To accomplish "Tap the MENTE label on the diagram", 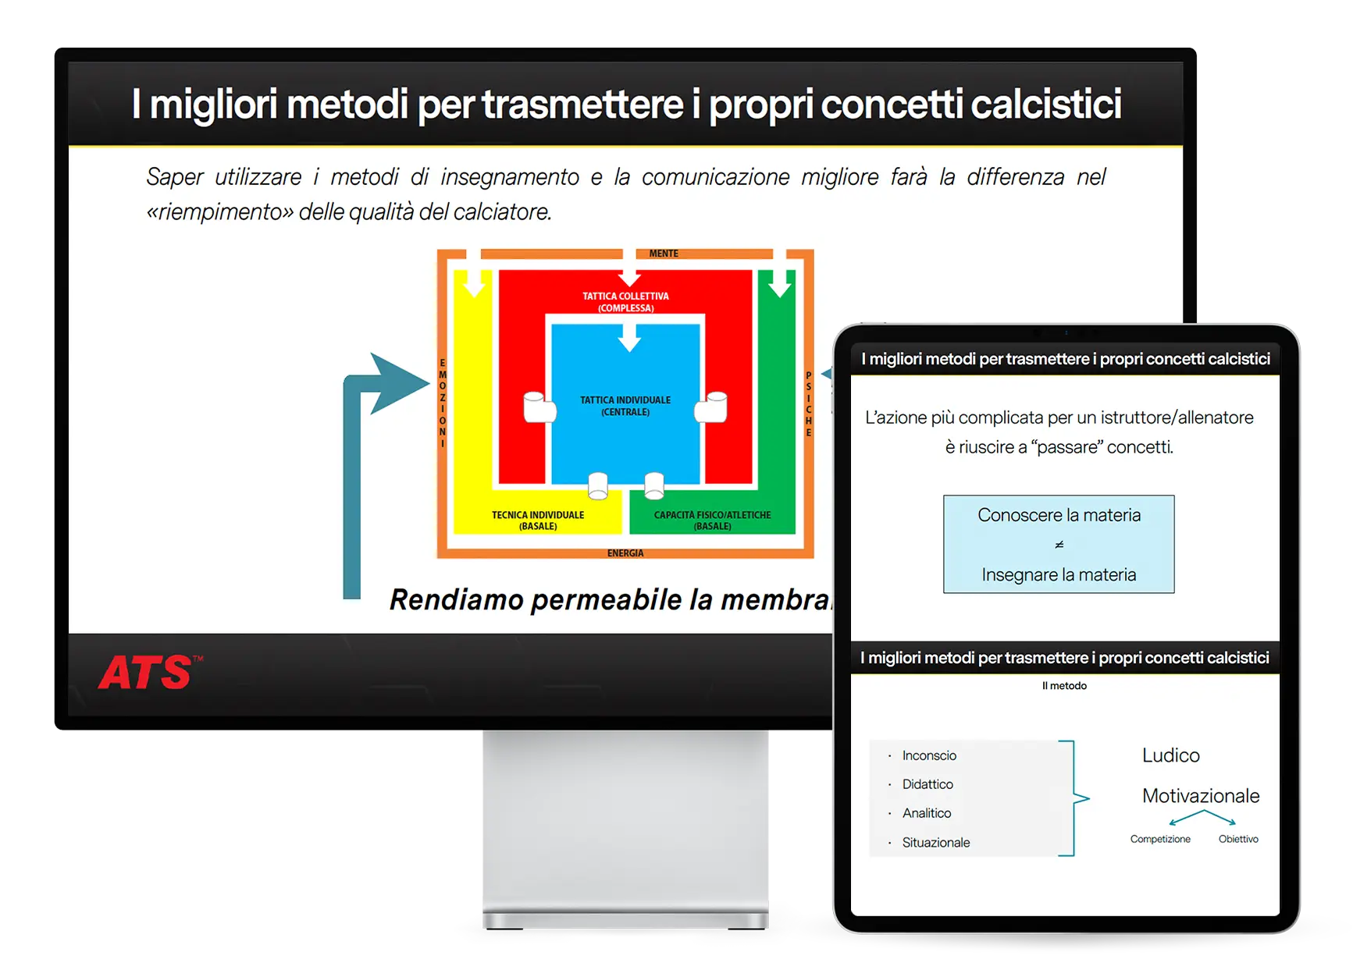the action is pos(664,254).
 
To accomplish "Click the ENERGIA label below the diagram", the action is pos(625,553).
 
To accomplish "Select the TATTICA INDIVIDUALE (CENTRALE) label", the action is pos(625,406).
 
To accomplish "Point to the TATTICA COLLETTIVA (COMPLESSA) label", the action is pos(625,302).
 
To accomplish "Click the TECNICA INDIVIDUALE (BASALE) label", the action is pos(538,520).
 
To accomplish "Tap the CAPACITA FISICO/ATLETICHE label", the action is pos(712,515).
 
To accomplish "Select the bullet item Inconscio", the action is pos(929,755).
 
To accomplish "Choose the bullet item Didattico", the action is pos(928,784).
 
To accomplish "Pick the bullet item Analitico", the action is pos(927,813).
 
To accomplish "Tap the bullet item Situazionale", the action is pos(936,843).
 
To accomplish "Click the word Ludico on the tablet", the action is pos(1171,755).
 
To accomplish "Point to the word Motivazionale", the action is pos(1201,796).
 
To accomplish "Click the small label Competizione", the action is pos(1160,839).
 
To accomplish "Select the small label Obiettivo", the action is pos(1238,839).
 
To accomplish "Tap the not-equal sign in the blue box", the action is pos(1059,545).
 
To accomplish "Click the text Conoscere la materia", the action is pos(1059,515).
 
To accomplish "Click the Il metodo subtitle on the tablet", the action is pos(1064,686).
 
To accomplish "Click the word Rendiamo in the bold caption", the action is pos(457,599).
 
